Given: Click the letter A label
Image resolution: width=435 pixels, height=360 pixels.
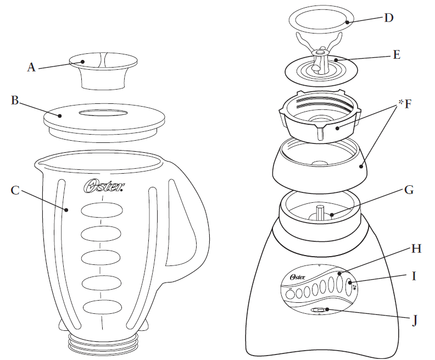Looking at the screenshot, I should (31, 68).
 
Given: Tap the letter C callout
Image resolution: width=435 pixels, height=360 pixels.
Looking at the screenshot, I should (15, 191).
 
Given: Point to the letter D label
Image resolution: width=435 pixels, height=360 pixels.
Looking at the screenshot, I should (389, 17).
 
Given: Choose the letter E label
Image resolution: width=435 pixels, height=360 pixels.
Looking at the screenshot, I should (395, 54).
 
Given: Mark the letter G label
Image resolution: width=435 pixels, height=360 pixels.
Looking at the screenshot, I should (408, 191).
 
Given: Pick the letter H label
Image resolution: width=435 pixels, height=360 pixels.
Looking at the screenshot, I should (416, 248).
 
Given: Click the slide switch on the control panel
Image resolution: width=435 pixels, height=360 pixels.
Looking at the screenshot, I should (319, 311).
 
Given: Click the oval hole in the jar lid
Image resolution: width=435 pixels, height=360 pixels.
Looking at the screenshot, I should (104, 112).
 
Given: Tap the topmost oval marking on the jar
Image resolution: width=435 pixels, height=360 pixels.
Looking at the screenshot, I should (102, 211).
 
